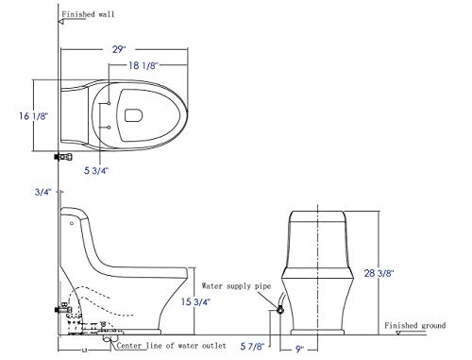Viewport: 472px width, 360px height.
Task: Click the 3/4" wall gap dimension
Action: click(x=41, y=193)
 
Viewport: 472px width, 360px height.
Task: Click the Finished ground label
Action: click(x=416, y=325)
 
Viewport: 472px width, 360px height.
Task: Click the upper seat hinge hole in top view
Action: click(x=111, y=101)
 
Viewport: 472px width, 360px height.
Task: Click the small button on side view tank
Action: click(x=72, y=225)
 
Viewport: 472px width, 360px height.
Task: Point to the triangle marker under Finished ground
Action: click(x=399, y=333)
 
